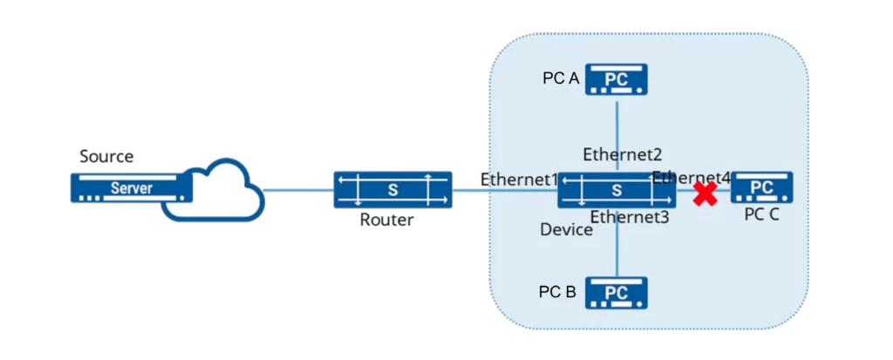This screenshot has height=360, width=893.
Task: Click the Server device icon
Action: coord(132,187)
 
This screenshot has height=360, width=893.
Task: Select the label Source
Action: coord(106,157)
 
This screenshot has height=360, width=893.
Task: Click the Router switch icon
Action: coord(392,189)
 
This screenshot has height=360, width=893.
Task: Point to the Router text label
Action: coord(386,220)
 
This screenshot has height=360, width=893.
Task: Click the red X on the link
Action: coord(705,194)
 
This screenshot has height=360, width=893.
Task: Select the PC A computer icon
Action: coord(617,78)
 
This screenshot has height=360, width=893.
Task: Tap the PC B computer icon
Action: coord(617,292)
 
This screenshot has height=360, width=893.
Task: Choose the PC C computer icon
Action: coord(761,187)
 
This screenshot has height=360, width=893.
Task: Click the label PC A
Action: coord(561,78)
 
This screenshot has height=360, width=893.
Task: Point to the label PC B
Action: coord(557,292)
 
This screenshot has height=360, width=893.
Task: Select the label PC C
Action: coord(761,214)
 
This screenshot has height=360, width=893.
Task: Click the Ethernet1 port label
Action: coord(518,180)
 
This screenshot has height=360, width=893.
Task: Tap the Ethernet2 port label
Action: coord(623,155)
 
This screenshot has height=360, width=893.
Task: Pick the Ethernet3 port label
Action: coord(630,217)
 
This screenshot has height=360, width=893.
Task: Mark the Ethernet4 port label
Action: coord(691,178)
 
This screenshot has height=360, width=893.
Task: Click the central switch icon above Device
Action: coord(617,189)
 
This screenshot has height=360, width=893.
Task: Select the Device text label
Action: coord(567,230)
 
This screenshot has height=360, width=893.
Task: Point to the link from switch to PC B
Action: coord(617,248)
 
